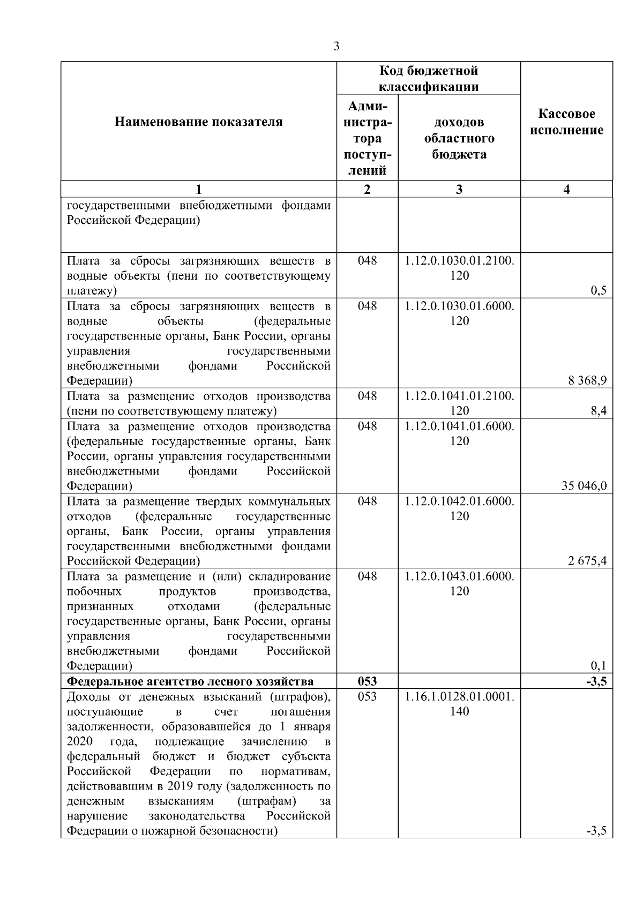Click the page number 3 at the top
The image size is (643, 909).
click(x=336, y=47)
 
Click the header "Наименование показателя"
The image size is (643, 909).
click(x=198, y=122)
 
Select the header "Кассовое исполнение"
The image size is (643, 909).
click(x=567, y=122)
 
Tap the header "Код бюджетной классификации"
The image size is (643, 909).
click(x=429, y=79)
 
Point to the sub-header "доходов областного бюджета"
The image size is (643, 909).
click(x=459, y=139)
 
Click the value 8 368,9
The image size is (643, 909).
click(x=587, y=381)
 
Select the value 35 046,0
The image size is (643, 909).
click(x=584, y=486)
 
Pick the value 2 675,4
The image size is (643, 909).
click(x=587, y=561)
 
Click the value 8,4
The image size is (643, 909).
click(x=599, y=411)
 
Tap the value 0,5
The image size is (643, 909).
click(x=599, y=291)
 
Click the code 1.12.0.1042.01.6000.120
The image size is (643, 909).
click(x=459, y=508)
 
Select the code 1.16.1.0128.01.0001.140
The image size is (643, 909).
click(x=459, y=704)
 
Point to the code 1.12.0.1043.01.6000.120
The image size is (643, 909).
click(x=459, y=583)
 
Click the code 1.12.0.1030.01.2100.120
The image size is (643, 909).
click(x=459, y=268)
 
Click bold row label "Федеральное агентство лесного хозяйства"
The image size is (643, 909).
click(x=190, y=681)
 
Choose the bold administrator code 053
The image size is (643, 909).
click(x=367, y=681)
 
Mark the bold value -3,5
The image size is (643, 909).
click(x=597, y=681)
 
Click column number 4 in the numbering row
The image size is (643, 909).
click(x=567, y=189)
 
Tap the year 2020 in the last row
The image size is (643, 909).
click(x=79, y=741)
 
